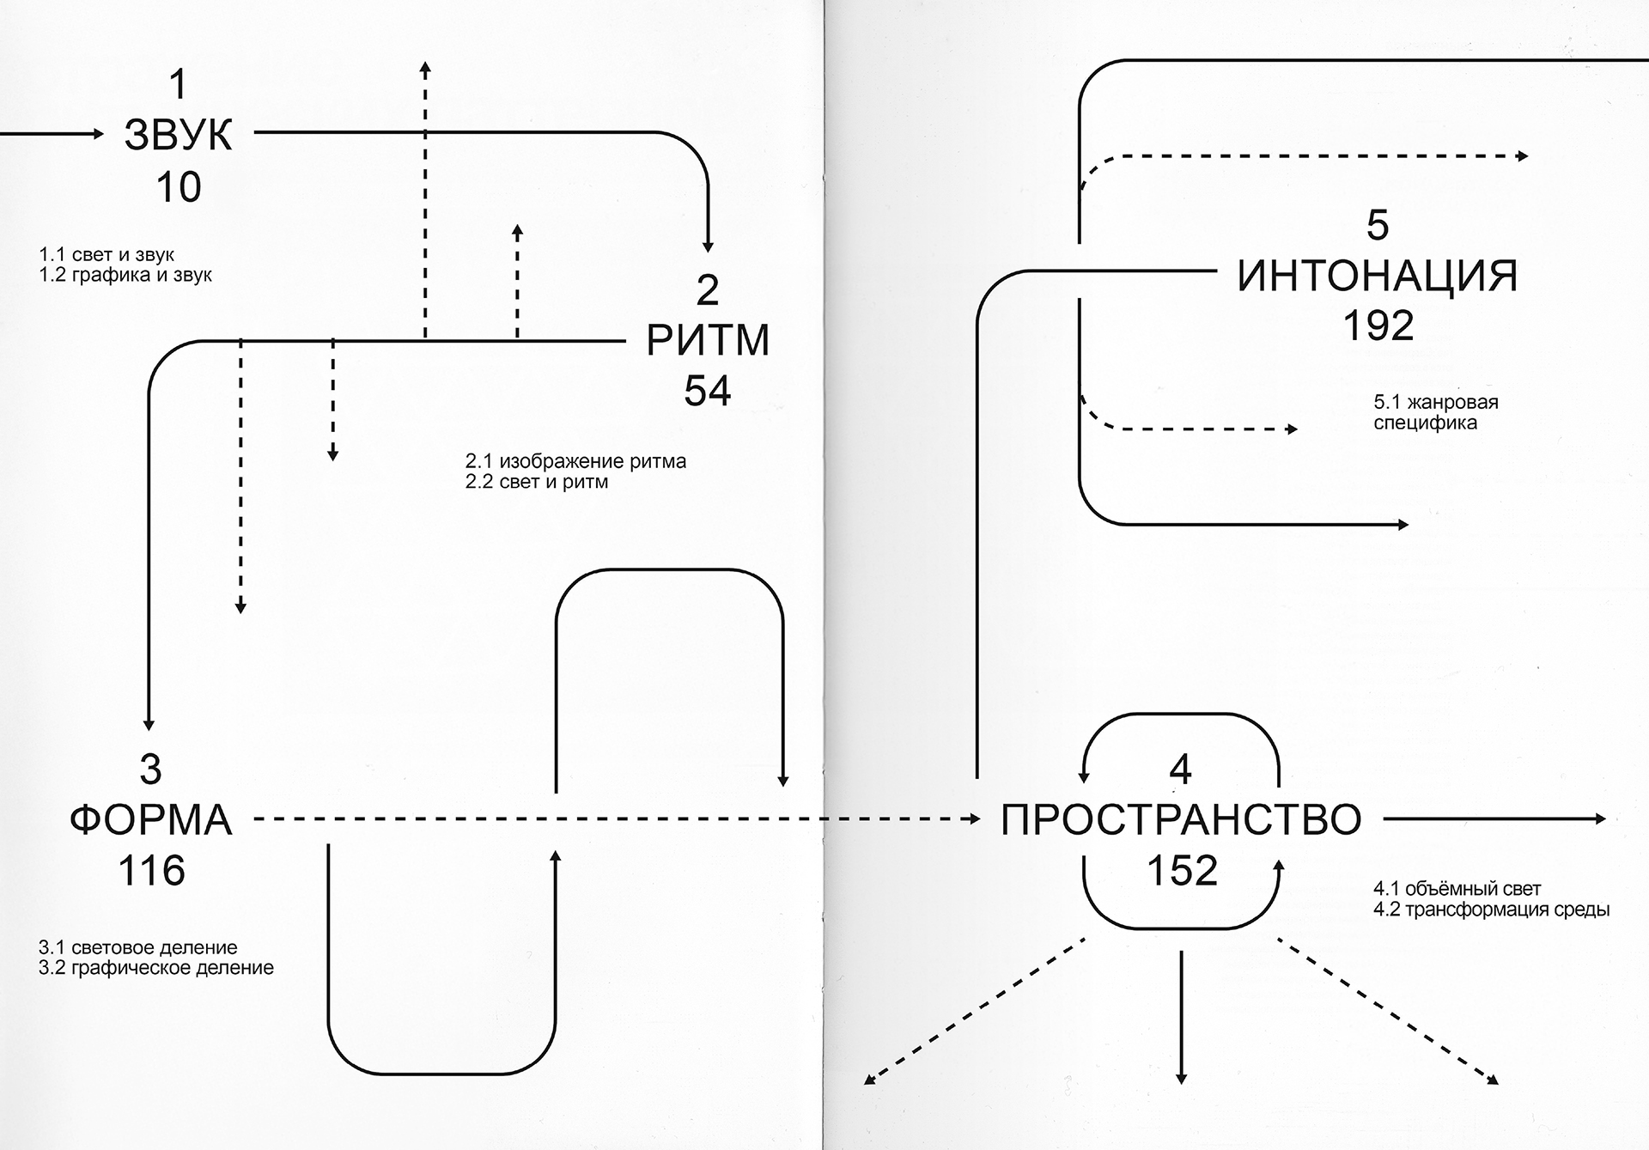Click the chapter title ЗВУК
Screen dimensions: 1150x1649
[178, 135]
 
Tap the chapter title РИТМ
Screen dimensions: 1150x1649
[707, 340]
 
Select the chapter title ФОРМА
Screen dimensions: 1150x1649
[150, 819]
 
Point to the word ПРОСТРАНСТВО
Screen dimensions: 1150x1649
[1181, 819]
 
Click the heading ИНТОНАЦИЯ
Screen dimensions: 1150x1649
[1377, 276]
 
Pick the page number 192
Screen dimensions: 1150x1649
[1378, 326]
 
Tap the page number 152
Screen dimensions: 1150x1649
[1182, 870]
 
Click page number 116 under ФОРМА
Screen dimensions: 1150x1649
[151, 870]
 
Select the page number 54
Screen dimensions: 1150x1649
[707, 391]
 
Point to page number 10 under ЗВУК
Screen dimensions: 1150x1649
[179, 186]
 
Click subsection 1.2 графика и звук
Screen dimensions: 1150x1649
[125, 276]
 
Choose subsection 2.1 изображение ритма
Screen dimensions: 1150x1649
[575, 461]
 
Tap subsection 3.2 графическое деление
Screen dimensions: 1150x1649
[156, 968]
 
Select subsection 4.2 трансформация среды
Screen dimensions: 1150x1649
[1491, 910]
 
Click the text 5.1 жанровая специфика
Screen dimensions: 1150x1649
[1435, 412]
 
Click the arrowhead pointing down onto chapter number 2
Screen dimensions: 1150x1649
[708, 247]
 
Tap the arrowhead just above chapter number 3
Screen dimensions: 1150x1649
[149, 725]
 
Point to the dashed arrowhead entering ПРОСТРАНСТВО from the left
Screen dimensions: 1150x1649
[975, 819]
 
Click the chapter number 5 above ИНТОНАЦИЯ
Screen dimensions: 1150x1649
[1377, 225]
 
